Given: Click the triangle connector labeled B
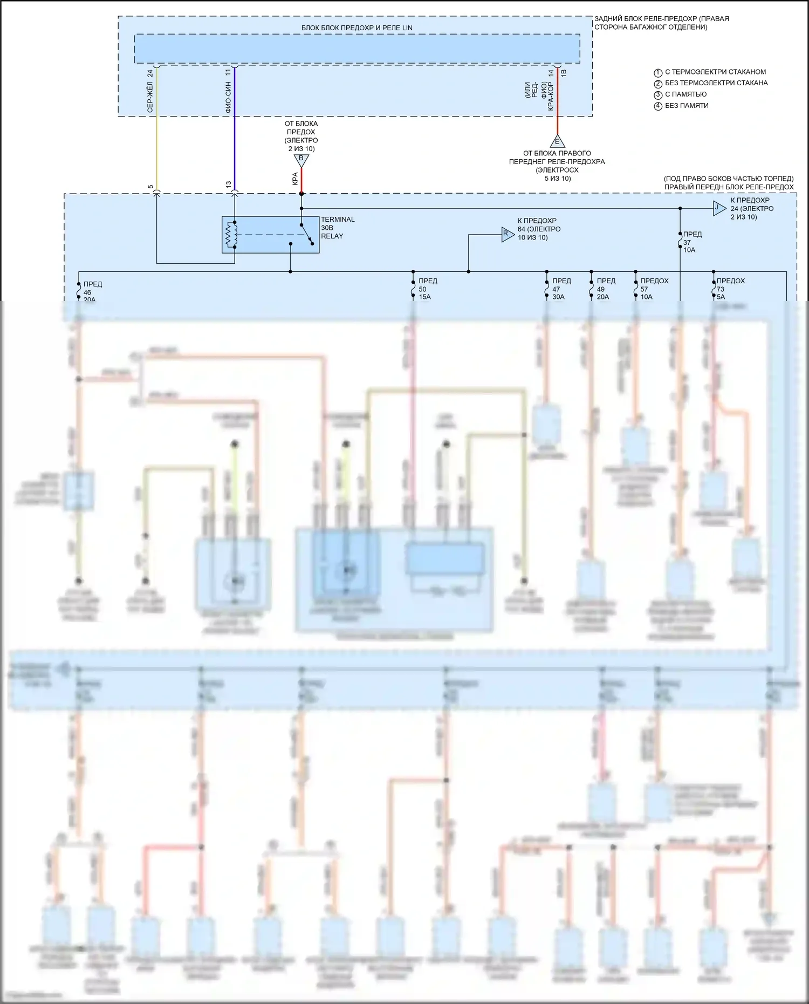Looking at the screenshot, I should point(301,160).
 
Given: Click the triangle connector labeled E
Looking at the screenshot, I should point(557,142).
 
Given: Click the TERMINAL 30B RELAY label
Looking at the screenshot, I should point(338,228).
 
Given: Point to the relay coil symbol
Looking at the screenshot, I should point(231,235).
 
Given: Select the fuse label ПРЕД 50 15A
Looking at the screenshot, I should point(427,289).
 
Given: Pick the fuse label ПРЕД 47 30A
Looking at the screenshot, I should point(561,289).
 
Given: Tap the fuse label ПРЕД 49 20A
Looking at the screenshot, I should point(606,289).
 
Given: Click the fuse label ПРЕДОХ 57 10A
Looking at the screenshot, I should point(654,289).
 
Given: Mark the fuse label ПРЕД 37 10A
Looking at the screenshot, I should point(692,242).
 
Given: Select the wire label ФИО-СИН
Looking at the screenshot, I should point(228,97).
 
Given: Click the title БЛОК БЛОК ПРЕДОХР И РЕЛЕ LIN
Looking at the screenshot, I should point(356,28).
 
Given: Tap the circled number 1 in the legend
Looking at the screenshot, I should point(657,73).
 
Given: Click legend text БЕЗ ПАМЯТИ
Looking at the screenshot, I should point(687,106).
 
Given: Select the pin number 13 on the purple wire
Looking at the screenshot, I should point(228,185).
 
